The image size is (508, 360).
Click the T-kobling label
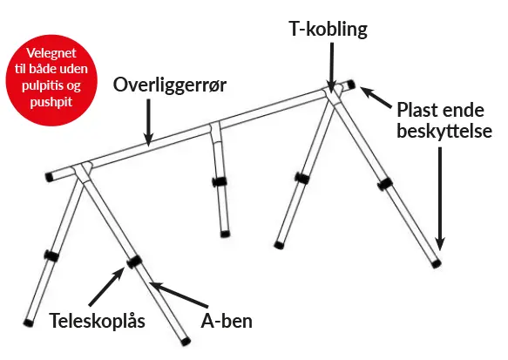pos(329,29)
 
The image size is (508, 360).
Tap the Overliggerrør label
pos(169,85)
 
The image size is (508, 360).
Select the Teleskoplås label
pos(97,322)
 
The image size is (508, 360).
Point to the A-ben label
pos(227,321)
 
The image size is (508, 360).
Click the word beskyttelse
pos(444,132)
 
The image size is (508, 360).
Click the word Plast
pos(417,110)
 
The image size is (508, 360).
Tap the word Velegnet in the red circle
pos(51,53)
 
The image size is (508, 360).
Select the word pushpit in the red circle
pos(51,102)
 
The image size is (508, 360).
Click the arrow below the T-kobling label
pos(331,67)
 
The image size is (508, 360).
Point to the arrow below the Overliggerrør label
pos(148,122)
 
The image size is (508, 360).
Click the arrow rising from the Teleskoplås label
pos(107,286)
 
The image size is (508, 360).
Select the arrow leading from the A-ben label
pos(178,295)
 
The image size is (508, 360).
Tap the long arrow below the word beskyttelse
pos(440,199)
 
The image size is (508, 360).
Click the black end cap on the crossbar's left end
pos(50,177)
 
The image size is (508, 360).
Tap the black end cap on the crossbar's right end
pos(351,85)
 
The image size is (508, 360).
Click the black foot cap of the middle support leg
pos(225,234)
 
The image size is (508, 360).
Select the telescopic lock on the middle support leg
pos(220,182)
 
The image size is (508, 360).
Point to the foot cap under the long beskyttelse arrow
pos(437,264)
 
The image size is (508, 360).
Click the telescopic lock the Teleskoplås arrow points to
pos(134,262)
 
